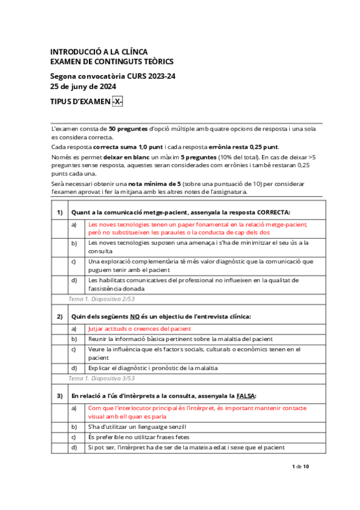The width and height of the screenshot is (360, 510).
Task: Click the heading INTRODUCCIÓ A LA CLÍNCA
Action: (x=99, y=52)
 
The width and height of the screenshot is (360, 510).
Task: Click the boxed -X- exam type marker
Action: (x=117, y=102)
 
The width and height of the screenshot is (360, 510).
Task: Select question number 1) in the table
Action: (x=59, y=212)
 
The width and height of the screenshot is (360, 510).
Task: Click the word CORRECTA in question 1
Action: (x=273, y=212)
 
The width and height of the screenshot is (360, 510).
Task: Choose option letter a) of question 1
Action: (x=74, y=224)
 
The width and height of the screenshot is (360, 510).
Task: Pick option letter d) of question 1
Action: (x=74, y=280)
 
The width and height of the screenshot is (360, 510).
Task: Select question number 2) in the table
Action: (x=59, y=316)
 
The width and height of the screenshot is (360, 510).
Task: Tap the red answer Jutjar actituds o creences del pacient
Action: (x=139, y=328)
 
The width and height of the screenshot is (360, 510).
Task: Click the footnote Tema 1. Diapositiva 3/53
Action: (x=102, y=378)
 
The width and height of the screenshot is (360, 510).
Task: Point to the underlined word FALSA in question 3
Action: (x=245, y=395)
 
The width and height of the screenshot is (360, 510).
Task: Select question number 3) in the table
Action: (x=59, y=395)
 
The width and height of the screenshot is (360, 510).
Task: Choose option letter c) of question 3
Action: (x=74, y=437)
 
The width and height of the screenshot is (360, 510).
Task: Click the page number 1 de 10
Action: (x=300, y=466)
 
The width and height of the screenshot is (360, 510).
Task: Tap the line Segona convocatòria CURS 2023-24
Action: (x=112, y=76)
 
